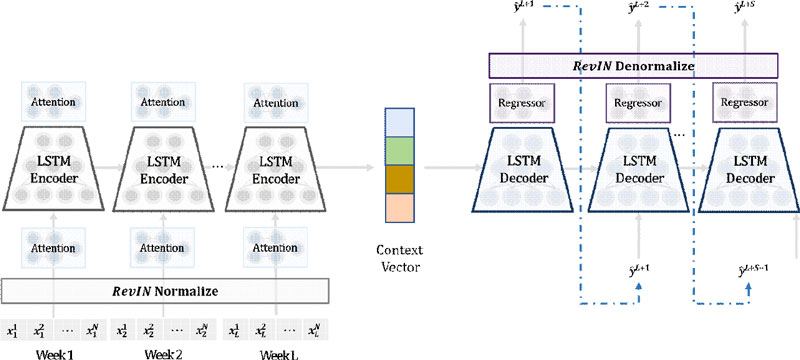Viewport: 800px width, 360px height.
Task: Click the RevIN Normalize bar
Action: (165, 291)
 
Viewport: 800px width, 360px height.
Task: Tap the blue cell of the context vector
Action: (398, 122)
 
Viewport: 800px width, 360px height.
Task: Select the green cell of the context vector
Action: (398, 151)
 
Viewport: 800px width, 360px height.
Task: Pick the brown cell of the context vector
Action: (398, 179)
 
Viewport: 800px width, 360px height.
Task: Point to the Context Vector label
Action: (398, 254)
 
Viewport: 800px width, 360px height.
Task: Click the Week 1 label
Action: (56, 352)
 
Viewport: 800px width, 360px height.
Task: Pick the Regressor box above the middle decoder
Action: (636, 102)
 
